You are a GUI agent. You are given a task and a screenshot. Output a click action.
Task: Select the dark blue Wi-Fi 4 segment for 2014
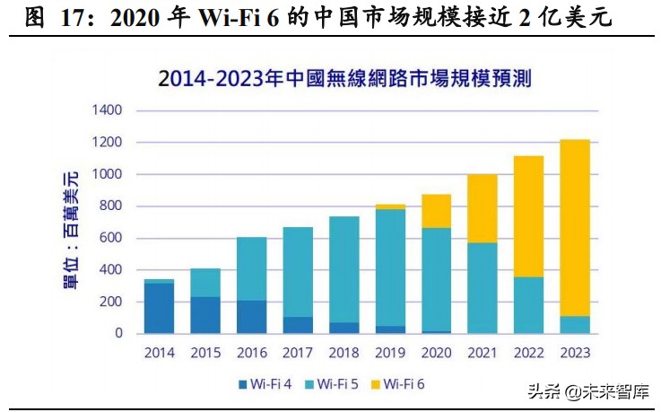click(x=159, y=308)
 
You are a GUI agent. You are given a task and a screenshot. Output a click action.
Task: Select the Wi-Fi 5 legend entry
click(x=335, y=384)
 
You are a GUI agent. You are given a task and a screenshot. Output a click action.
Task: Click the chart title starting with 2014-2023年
click(x=344, y=78)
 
